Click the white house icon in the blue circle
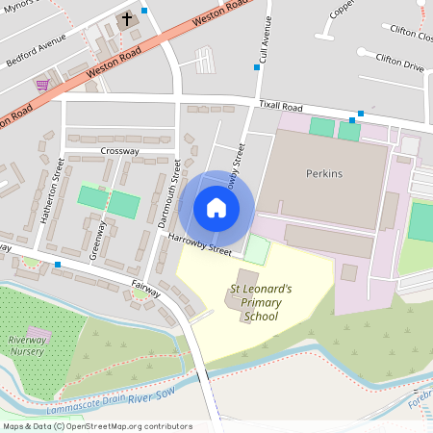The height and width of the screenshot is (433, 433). (216, 208)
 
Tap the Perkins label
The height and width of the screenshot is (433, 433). (323, 174)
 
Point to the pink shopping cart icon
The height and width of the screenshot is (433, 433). (42, 85)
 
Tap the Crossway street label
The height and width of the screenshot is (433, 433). (119, 151)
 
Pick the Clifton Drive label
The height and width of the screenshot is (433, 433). (401, 66)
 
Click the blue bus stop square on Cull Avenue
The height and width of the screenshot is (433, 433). (257, 67)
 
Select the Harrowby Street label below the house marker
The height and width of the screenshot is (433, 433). (200, 245)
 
